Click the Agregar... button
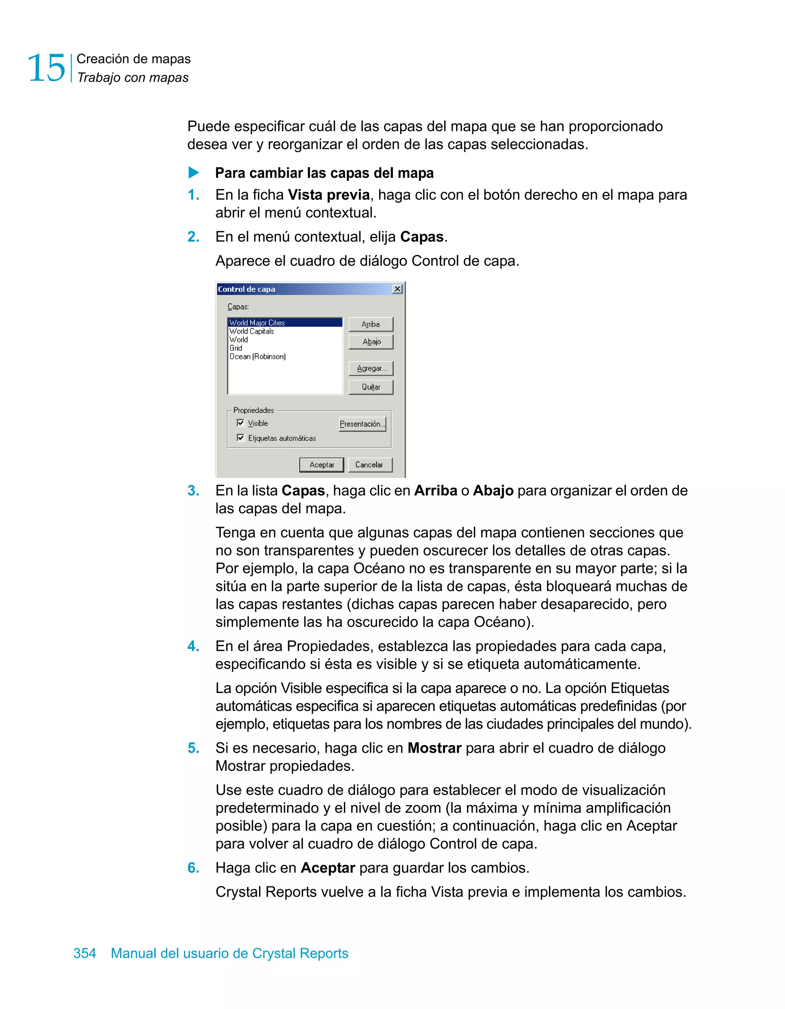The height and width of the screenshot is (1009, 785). (371, 368)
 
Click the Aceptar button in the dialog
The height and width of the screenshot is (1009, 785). (321, 465)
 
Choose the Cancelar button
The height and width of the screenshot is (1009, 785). (370, 465)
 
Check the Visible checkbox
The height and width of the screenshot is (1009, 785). (240, 423)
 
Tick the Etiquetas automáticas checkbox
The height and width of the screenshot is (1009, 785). (240, 437)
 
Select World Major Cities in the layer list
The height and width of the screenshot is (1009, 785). (258, 323)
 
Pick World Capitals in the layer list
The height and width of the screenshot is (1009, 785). (252, 331)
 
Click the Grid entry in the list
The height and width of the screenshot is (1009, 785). (236, 348)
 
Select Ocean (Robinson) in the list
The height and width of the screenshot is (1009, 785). (258, 357)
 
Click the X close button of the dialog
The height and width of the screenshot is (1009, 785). (397, 289)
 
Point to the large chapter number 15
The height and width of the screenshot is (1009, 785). (46, 68)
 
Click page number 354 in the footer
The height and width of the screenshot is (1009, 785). (85, 953)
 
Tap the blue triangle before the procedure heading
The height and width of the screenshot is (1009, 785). (194, 173)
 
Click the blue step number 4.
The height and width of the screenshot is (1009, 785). (193, 646)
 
